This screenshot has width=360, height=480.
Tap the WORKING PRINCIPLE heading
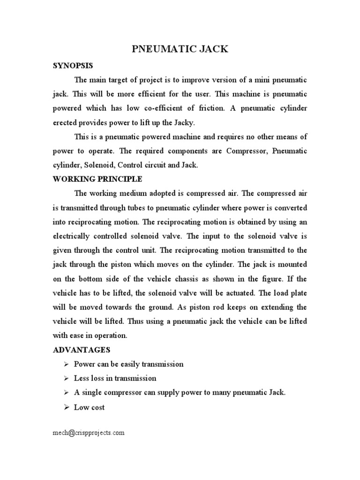tap(97, 179)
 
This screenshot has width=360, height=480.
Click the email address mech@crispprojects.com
tap(89, 433)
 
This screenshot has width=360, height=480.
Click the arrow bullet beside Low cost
tap(66, 407)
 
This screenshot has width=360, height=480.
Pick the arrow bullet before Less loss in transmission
tap(66, 378)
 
